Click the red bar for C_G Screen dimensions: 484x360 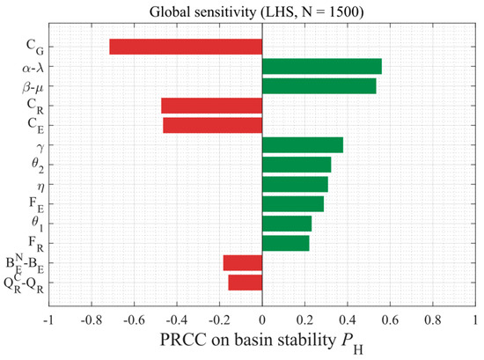[186, 47]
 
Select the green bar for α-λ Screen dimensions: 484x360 [322, 66]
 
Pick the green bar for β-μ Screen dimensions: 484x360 [319, 86]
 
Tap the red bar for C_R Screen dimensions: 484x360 [212, 106]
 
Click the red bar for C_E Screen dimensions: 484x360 [213, 125]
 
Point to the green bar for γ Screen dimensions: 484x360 [303, 145]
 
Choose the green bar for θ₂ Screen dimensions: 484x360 [297, 165]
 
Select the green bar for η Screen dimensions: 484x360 [295, 184]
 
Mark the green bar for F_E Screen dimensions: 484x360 [293, 204]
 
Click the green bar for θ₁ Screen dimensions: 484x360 [287, 224]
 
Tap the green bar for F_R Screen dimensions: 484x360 [286, 243]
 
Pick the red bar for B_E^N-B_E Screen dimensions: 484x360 [243, 263]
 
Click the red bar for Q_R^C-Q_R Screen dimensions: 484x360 [246, 283]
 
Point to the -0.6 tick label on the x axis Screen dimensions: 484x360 [134, 320]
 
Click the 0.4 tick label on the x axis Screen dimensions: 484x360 [348, 320]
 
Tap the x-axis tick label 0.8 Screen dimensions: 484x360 [433, 320]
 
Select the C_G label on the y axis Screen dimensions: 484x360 [35, 47]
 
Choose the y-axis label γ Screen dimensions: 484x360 [40, 148]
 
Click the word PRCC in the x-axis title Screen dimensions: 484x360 [183, 340]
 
